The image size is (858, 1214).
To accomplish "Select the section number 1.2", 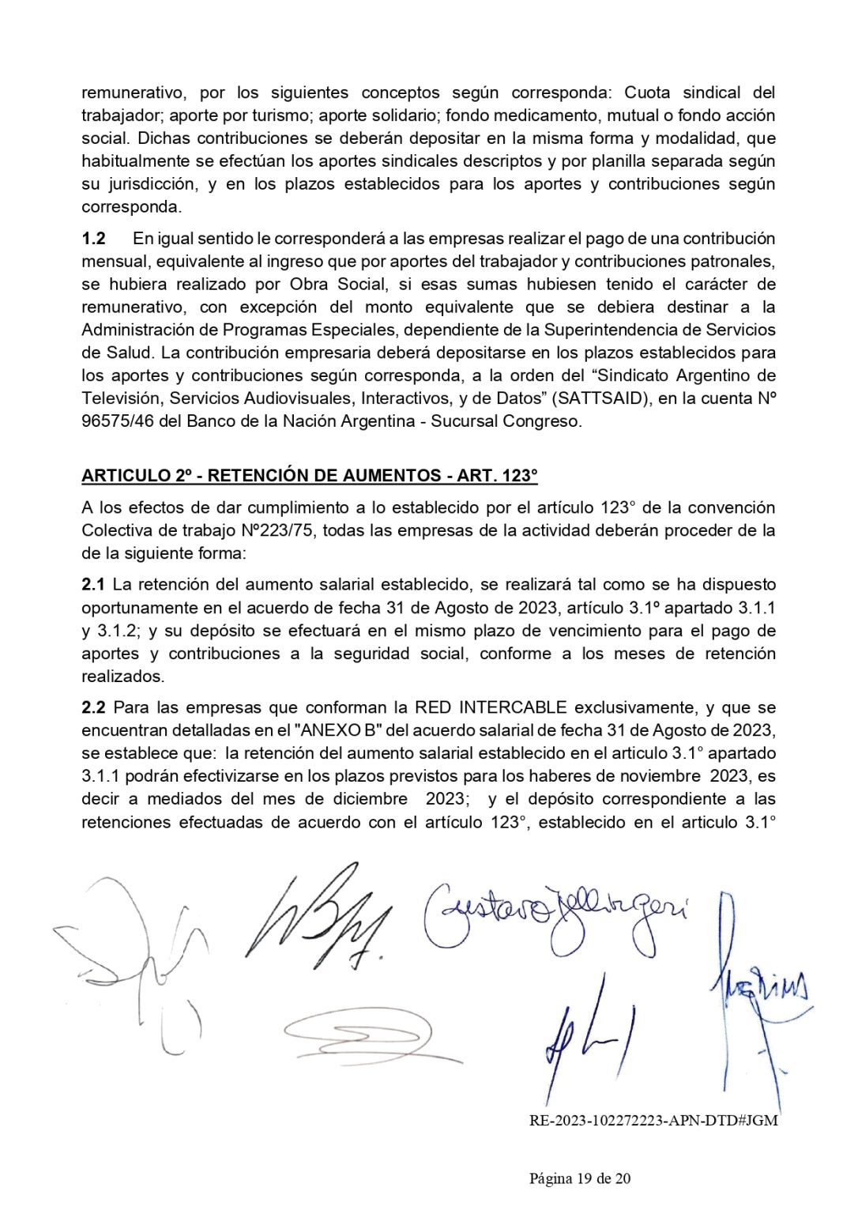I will [x=94, y=238].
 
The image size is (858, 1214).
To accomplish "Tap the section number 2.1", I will [x=93, y=584].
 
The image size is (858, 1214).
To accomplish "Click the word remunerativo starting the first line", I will [x=134, y=92].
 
